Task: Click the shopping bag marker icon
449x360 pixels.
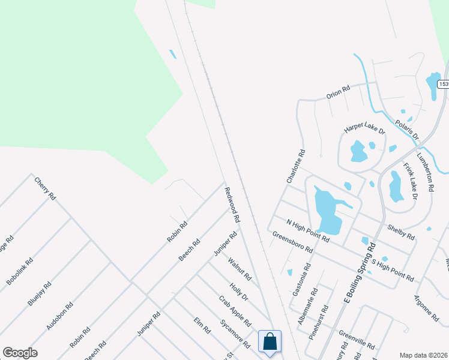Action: pos(270,341)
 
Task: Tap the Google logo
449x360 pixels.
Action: pos(20,353)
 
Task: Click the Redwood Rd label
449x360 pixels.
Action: pos(232,205)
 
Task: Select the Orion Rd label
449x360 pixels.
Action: pos(337,92)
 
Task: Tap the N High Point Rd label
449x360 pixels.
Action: pos(307,230)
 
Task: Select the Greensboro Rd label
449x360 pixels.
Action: pos(292,242)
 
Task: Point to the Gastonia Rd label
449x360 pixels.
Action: pos(301,278)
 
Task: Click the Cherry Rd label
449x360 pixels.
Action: pos(45,188)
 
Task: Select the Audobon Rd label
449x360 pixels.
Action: pos(60,316)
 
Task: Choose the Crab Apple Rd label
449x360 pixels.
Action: pos(235,310)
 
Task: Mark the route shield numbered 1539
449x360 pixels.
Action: pos(444,84)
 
